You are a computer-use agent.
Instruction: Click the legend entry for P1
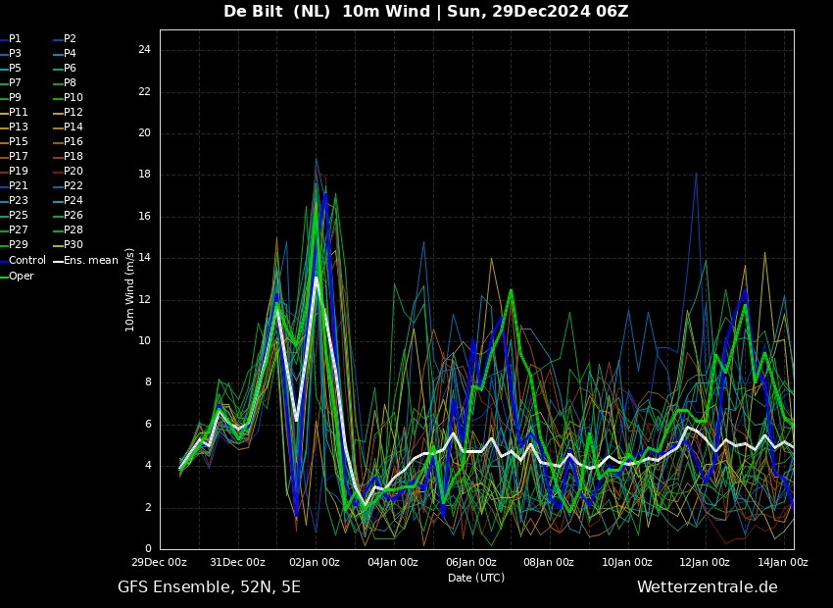click(x=11, y=39)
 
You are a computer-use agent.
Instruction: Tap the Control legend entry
click(x=23, y=261)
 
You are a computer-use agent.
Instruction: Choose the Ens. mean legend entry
click(x=85, y=261)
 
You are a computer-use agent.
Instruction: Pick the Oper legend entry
click(x=17, y=276)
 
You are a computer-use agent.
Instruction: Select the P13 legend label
click(x=14, y=127)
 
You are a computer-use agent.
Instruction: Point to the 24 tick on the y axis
click(x=144, y=50)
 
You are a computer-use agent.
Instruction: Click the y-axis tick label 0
click(x=148, y=549)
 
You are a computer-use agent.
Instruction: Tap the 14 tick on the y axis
click(x=144, y=258)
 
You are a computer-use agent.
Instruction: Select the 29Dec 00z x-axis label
click(x=160, y=562)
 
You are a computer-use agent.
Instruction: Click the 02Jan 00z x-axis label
click(x=316, y=562)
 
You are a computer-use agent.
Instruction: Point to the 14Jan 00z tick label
click(x=784, y=562)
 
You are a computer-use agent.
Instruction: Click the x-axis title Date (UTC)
click(x=476, y=578)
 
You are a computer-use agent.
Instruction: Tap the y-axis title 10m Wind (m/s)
click(x=129, y=290)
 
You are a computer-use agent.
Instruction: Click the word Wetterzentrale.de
click(x=708, y=587)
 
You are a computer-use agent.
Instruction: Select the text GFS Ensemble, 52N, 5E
click(x=209, y=587)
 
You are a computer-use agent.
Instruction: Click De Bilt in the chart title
click(x=254, y=11)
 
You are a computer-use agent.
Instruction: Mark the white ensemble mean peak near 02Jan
click(x=317, y=278)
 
